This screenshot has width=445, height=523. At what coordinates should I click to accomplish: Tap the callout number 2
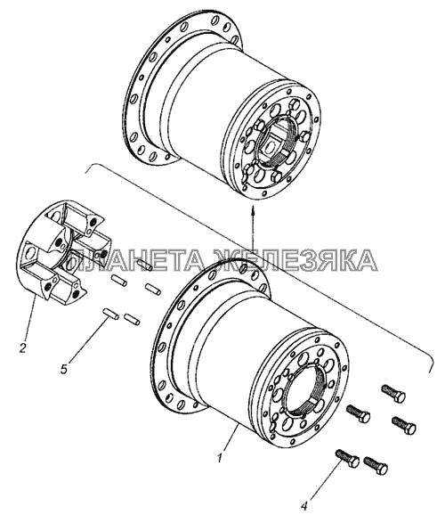pyautogui.click(x=22, y=348)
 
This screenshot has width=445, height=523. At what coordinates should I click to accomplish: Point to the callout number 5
pyautogui.click(x=64, y=369)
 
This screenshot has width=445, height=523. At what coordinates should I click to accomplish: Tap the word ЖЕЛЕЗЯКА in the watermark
pyautogui.click(x=297, y=260)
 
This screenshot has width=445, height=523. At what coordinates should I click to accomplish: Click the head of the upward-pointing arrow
pyautogui.click(x=253, y=210)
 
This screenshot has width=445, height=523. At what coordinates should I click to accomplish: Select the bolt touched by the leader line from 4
pyautogui.click(x=347, y=457)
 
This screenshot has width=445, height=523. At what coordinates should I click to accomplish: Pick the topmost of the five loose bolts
pyautogui.click(x=393, y=393)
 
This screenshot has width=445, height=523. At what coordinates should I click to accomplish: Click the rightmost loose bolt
pyautogui.click(x=404, y=425)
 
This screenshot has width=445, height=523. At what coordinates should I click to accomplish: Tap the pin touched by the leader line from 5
pyautogui.click(x=110, y=315)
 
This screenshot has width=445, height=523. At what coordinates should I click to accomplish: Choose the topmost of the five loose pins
pyautogui.click(x=145, y=266)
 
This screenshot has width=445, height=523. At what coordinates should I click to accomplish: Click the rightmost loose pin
pyautogui.click(x=153, y=289)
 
